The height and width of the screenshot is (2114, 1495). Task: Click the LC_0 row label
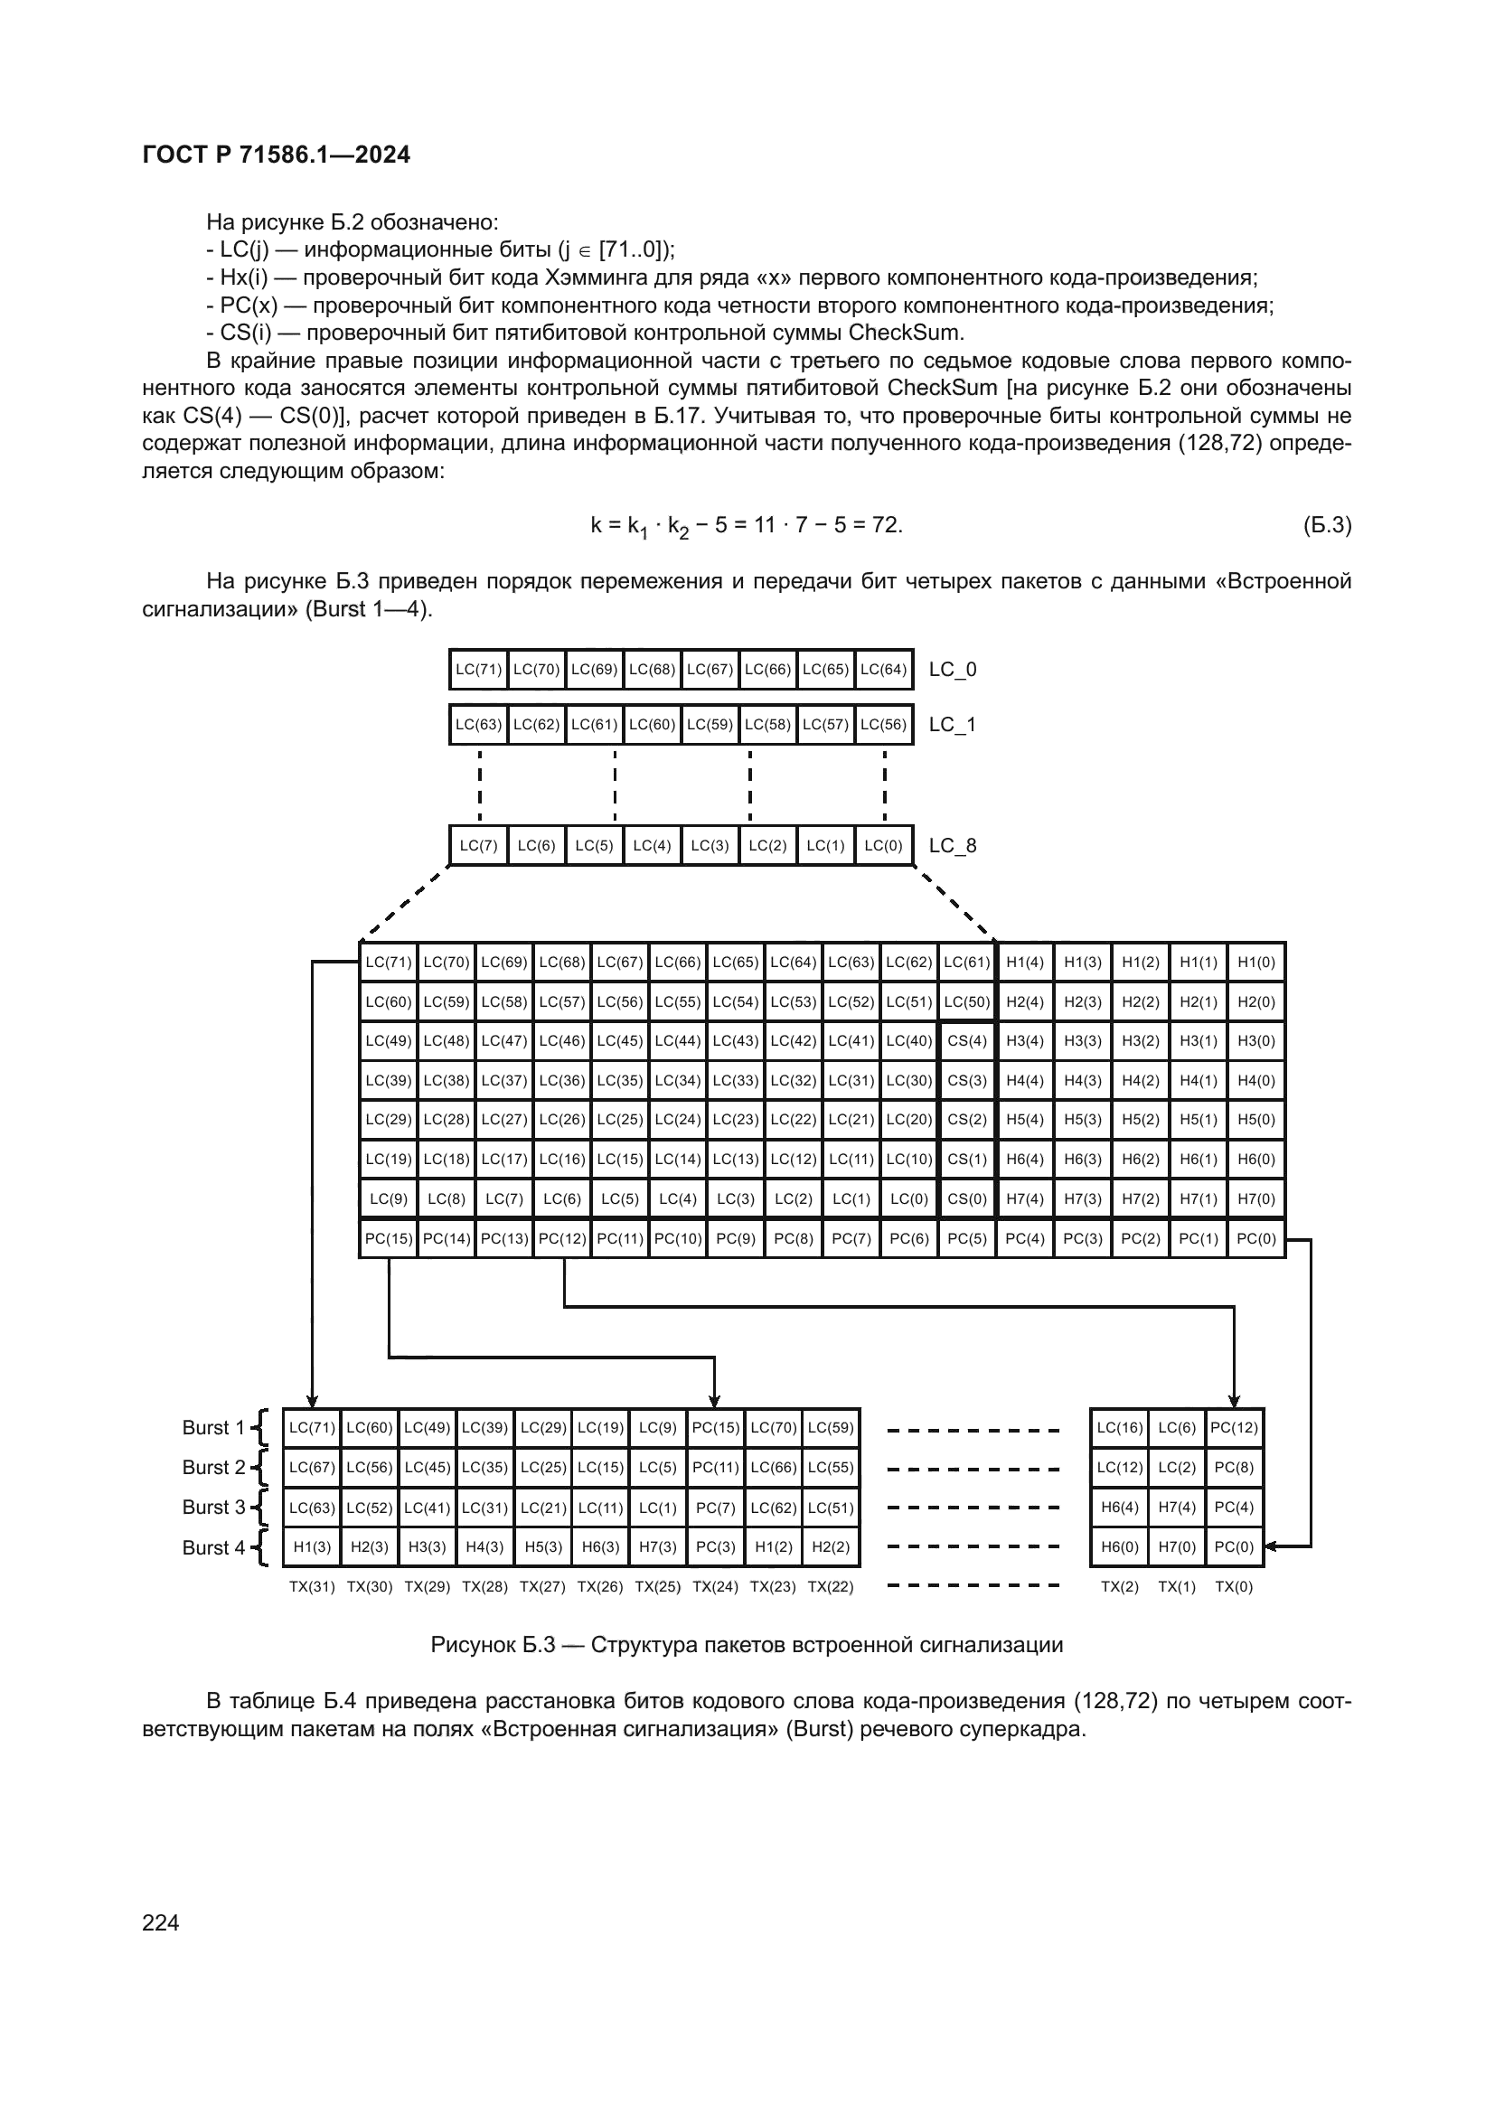point(952,670)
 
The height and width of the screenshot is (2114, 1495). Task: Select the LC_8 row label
point(952,845)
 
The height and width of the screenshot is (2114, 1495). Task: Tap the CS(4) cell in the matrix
point(966,1041)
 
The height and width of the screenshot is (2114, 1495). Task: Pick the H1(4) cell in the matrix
point(1025,963)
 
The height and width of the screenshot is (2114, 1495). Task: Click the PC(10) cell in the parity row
point(678,1238)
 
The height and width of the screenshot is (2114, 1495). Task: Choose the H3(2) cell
point(1140,1041)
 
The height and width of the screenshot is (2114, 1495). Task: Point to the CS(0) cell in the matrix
point(966,1198)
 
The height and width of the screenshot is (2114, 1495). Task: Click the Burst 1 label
point(213,1427)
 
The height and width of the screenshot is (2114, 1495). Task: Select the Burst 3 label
point(213,1508)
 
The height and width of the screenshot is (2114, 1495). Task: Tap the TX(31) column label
point(312,1586)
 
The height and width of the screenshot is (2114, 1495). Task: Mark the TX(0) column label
point(1234,1586)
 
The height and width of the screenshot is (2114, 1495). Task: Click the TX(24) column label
point(715,1586)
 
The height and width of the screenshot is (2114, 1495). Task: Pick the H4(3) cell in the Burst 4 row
point(485,1546)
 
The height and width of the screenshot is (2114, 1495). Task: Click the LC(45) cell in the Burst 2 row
point(428,1467)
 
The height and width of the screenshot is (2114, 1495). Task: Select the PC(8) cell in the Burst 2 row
point(1234,1467)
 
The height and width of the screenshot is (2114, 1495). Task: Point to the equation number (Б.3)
point(1327,525)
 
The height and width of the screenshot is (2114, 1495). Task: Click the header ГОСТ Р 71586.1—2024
point(277,155)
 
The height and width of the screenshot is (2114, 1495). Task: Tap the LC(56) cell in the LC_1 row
point(883,725)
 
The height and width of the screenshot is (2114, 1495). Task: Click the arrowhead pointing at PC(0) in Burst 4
point(1272,1546)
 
